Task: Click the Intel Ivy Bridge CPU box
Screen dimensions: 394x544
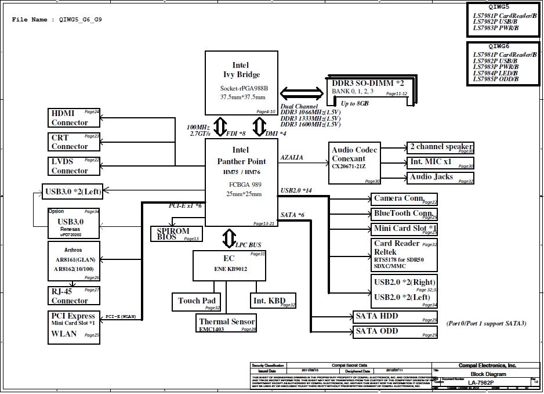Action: pos(241,83)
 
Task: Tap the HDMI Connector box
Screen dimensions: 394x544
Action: pos(74,118)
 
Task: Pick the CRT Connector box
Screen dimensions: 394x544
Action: pos(74,142)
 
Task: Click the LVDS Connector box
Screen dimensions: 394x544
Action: pos(74,166)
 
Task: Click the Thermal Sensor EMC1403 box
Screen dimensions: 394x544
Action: pos(226,324)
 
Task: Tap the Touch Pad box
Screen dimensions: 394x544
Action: pos(197,301)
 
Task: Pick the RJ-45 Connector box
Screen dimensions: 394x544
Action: pos(74,296)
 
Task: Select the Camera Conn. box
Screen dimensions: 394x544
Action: pos(404,199)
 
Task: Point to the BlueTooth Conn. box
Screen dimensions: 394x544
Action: pos(404,214)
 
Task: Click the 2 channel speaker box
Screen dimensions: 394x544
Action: pos(441,147)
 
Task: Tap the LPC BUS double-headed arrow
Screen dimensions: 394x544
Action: pos(230,238)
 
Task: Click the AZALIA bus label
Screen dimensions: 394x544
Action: pos(292,158)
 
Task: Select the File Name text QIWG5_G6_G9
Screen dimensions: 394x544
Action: pos(81,20)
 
